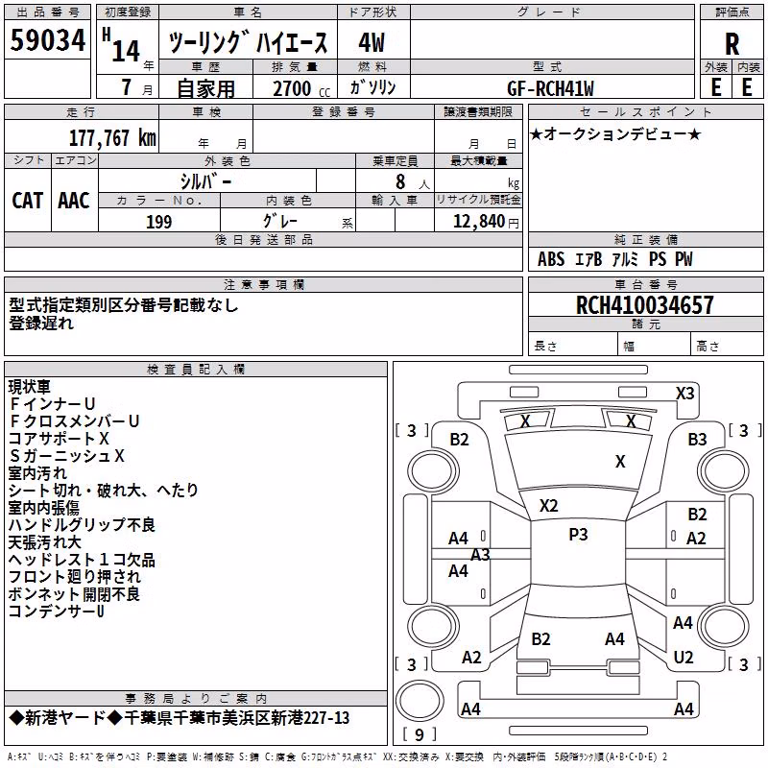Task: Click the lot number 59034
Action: coord(47,39)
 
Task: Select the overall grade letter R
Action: coord(732,44)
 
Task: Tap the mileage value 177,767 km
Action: coord(112,137)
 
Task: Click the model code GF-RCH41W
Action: coord(550,88)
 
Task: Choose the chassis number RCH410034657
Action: coord(644,304)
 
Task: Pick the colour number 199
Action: coord(159,222)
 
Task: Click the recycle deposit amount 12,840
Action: coord(478,222)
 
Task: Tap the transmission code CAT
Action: coord(28,201)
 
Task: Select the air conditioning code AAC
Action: coord(74,201)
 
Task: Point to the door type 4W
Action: coord(372,42)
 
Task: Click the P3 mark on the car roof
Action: coord(578,535)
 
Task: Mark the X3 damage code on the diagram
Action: coord(684,394)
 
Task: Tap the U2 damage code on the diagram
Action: coord(684,657)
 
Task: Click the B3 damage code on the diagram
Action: coord(698,440)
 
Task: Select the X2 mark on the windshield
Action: coord(548,506)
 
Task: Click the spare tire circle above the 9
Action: coord(420,700)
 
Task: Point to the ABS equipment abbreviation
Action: coord(551,259)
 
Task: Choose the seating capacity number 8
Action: coord(400,181)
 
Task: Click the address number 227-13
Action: coord(324,718)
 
